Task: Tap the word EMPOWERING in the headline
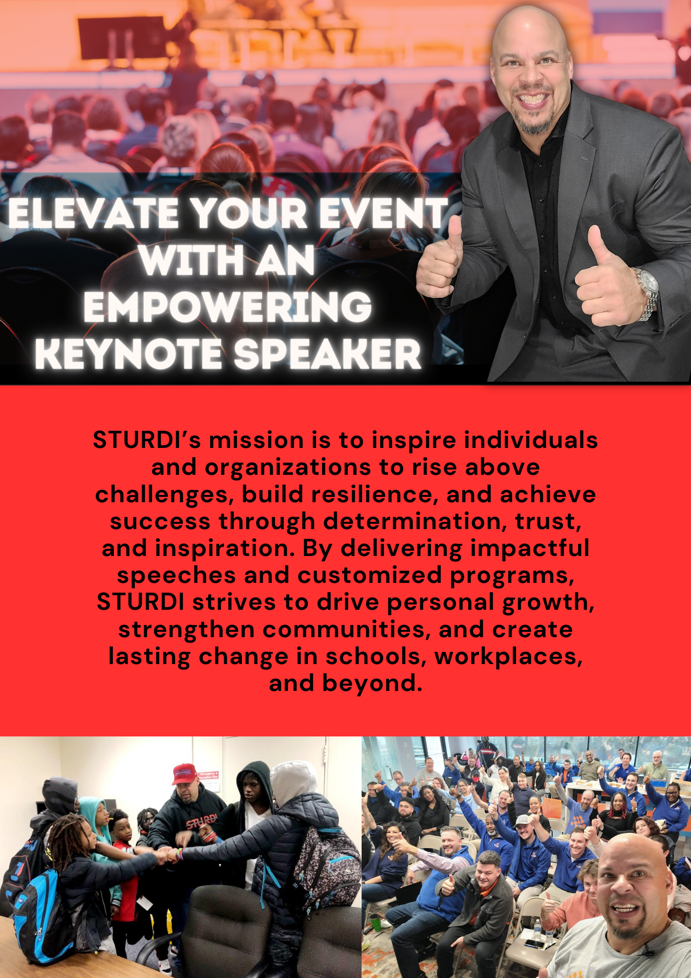pyautogui.click(x=228, y=307)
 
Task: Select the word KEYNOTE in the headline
pyautogui.click(x=129, y=353)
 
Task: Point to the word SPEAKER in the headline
pyautogui.click(x=327, y=353)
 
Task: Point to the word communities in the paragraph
pyautogui.click(x=347, y=629)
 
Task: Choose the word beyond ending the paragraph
pyautogui.click(x=372, y=684)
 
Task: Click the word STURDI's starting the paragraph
pyautogui.click(x=147, y=440)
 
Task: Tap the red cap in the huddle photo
pyautogui.click(x=184, y=774)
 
